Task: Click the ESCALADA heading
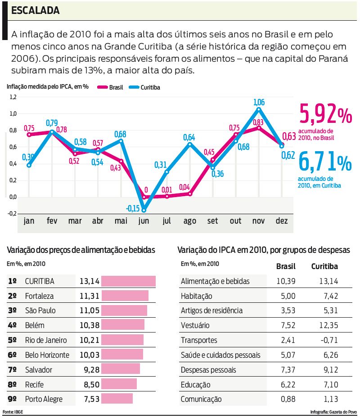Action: (x=35, y=10)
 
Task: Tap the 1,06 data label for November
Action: (x=259, y=102)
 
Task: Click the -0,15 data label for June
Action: (x=133, y=208)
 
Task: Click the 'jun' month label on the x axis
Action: (x=144, y=221)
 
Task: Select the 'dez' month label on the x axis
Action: (x=282, y=221)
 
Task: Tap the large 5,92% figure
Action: (x=325, y=115)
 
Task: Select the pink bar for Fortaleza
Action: (x=125, y=296)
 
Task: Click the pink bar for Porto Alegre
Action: (x=117, y=399)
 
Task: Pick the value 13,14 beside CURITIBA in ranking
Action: (x=89, y=281)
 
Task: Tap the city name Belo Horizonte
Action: (x=47, y=355)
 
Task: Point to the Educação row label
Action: (x=195, y=385)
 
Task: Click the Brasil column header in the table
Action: (x=285, y=266)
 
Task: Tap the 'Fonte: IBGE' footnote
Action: (x=12, y=412)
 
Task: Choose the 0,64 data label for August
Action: (x=189, y=137)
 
